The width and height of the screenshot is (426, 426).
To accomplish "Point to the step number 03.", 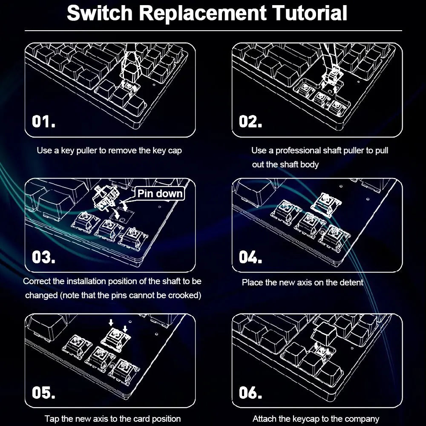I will (44, 257).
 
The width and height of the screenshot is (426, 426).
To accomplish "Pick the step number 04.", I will (250, 257).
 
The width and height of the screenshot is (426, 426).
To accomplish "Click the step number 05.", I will (44, 392).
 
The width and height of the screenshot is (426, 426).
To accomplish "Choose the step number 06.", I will (250, 392).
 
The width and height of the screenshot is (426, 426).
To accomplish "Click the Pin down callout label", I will (160, 194).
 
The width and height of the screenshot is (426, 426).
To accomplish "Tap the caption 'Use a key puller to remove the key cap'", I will (109, 150).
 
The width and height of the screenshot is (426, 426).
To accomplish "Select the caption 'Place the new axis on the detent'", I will (302, 282).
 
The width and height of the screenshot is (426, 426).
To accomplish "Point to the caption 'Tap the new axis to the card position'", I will (113, 419).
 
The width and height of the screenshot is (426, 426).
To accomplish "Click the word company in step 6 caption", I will (363, 419).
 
